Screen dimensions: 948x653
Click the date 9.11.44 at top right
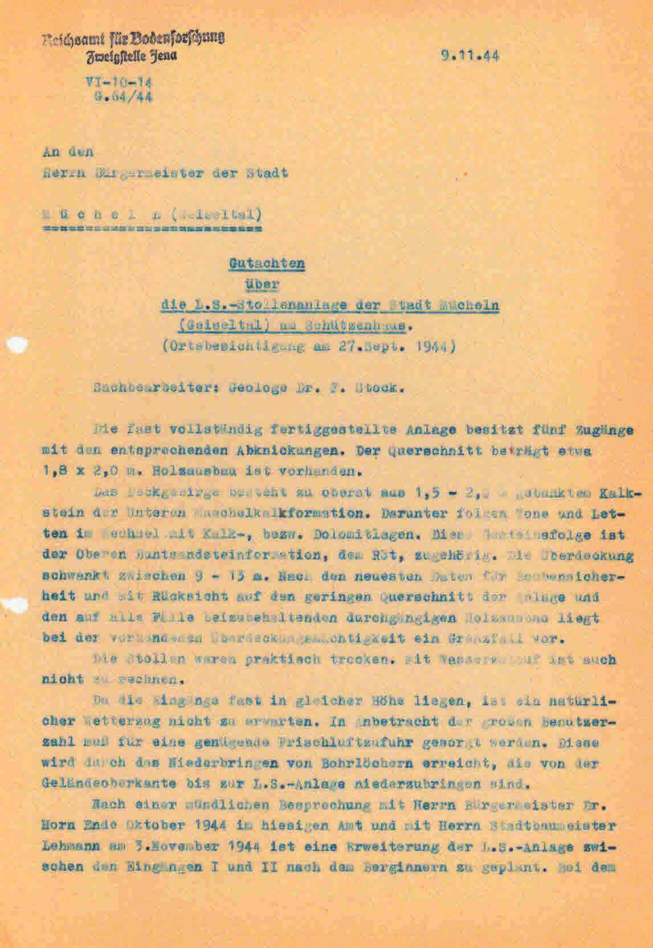tap(469, 56)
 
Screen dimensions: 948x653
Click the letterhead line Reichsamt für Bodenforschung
tap(133, 38)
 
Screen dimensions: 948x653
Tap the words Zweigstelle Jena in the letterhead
tap(131, 55)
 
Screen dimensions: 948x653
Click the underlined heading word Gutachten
tap(267, 264)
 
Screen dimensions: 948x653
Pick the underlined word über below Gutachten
tap(267, 284)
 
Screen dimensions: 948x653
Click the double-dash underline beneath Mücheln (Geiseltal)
tap(152, 230)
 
